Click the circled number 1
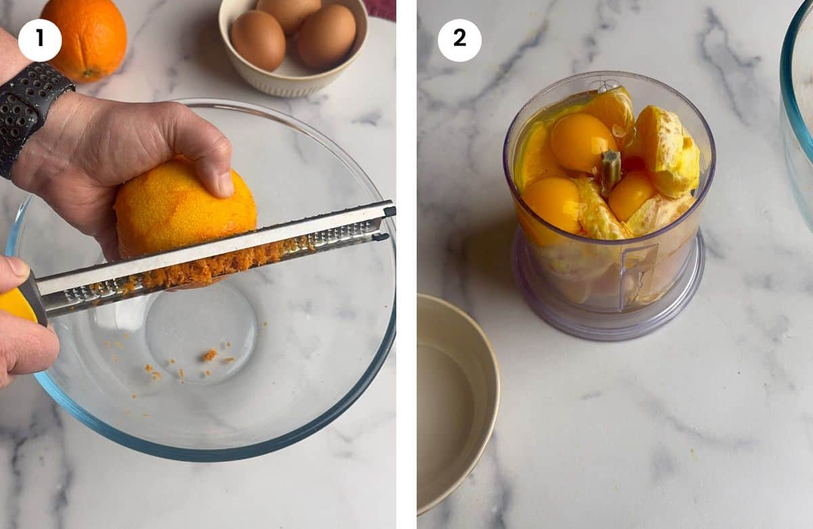pos(39,40)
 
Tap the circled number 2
pos(459,40)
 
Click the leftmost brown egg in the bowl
pos(257,40)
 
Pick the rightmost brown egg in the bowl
pos(326,36)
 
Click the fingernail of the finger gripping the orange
pos(226,183)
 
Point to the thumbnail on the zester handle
pos(16,267)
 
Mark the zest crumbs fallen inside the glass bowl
pos(209,355)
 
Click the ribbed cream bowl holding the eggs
pos(291,78)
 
